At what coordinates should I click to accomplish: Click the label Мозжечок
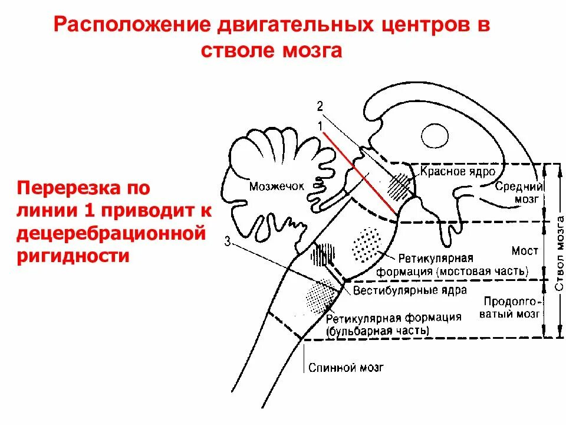point(277,186)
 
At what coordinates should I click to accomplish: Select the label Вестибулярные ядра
point(410,290)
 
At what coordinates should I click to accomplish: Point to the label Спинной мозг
point(346,368)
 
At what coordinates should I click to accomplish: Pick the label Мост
point(525,251)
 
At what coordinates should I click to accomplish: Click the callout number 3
point(227,241)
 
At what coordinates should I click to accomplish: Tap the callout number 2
point(320,106)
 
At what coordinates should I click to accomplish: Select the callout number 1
point(320,125)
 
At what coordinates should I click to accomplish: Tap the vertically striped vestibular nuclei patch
point(323,255)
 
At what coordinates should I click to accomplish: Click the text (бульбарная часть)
point(378,331)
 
